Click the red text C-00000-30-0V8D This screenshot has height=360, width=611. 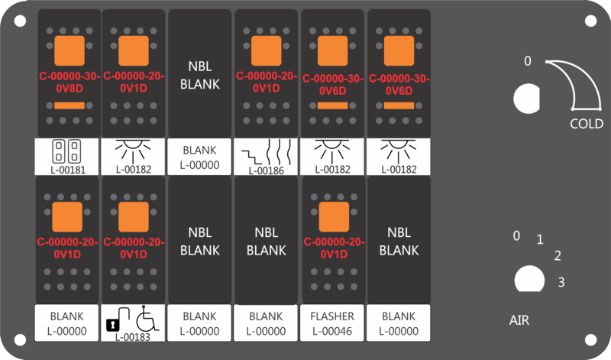[70, 83]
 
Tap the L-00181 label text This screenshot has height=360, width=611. [68, 170]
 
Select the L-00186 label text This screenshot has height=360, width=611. [266, 170]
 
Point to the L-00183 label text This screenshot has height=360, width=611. [132, 337]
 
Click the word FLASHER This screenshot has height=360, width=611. [332, 316]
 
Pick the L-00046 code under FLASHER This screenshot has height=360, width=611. [332, 331]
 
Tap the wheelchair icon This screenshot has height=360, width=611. [147, 318]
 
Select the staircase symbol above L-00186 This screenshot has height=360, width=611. [253, 157]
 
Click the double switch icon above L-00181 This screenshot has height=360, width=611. [66, 151]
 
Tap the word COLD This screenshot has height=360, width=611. [587, 124]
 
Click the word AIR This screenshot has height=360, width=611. [519, 320]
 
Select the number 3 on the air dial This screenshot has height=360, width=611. [561, 282]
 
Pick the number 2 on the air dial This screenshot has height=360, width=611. [558, 256]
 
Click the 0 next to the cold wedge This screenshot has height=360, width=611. [528, 61]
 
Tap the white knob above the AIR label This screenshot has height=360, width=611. [529, 279]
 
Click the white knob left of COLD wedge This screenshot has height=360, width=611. [527, 99]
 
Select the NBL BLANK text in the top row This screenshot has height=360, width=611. [200, 75]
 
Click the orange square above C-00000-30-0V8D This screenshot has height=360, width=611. [70, 51]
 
